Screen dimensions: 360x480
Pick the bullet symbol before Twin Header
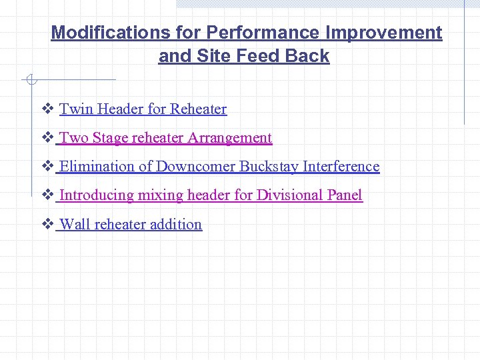pos(47,109)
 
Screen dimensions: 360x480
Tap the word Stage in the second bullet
pos(111,138)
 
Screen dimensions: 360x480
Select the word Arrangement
pos(230,138)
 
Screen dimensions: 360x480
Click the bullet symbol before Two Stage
pos(47,138)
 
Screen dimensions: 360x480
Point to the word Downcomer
pos(196,167)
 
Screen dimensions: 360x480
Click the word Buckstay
pos(269,167)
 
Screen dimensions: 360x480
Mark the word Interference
pos(341,167)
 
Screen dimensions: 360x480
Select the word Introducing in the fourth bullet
pos(97,195)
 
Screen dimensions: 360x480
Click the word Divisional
pos(290,195)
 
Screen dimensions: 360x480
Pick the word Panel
pos(345,195)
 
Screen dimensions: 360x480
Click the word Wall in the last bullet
pos(75,225)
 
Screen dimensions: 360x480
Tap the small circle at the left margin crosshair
pos(30,81)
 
